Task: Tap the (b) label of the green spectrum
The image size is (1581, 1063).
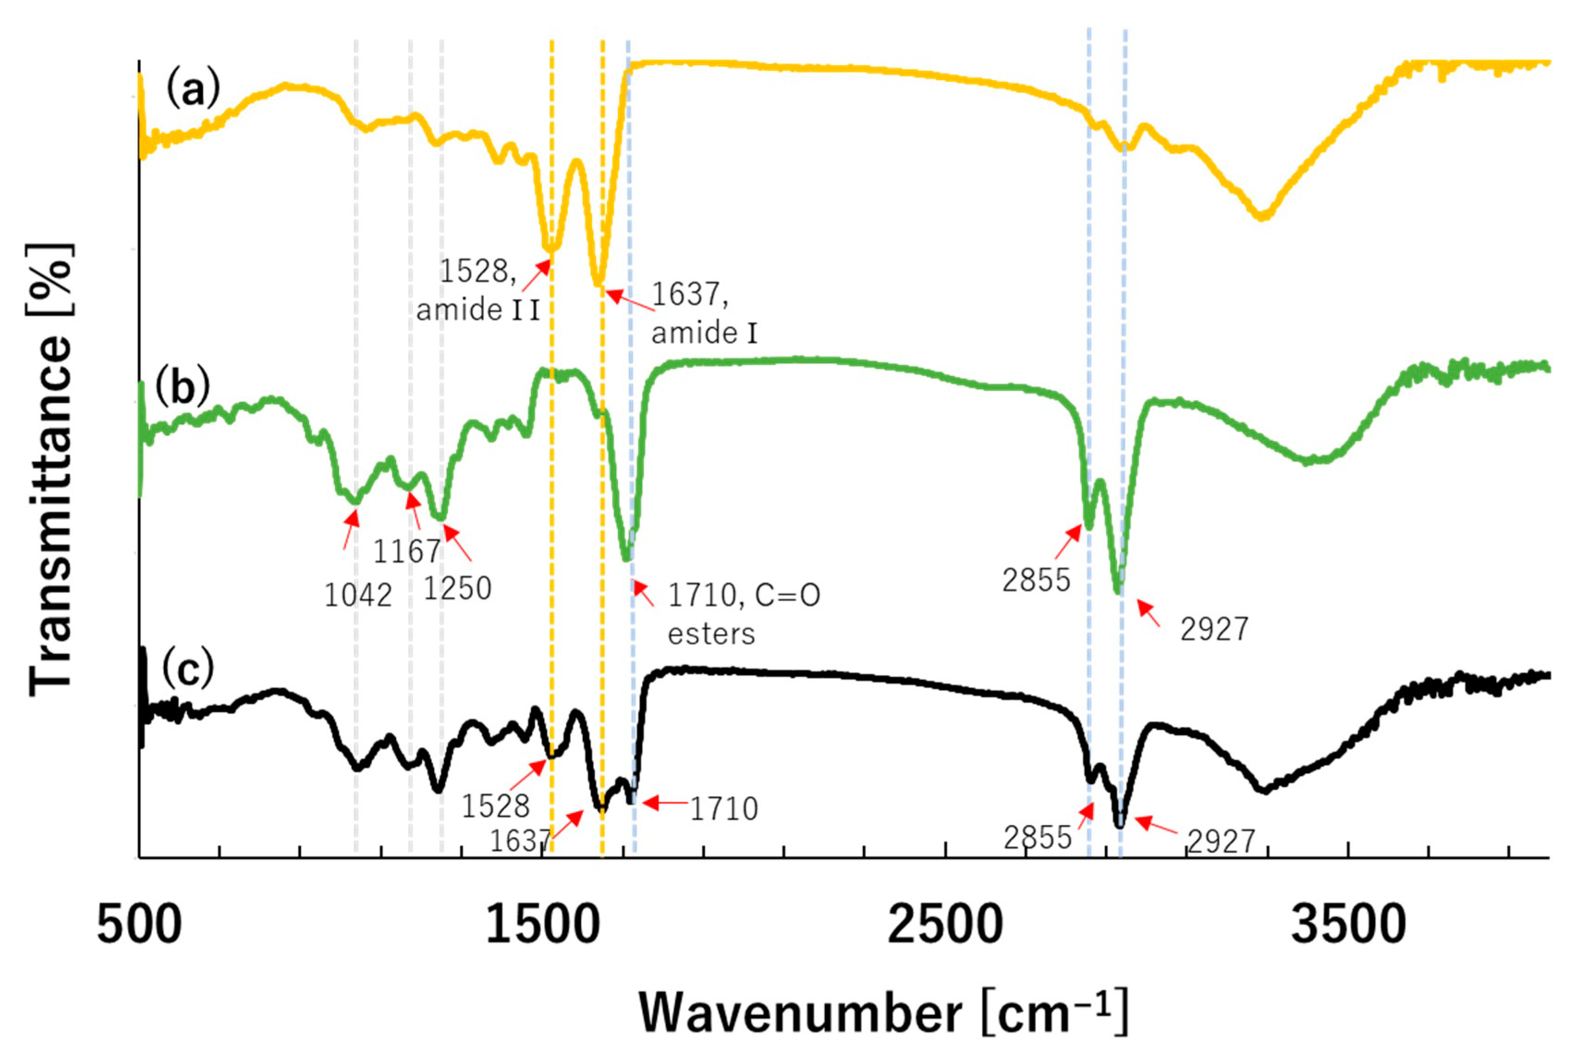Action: click(183, 387)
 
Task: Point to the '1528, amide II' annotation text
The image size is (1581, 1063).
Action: click(478, 290)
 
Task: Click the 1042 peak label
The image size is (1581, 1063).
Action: click(358, 596)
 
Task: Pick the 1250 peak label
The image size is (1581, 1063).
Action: click(457, 588)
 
